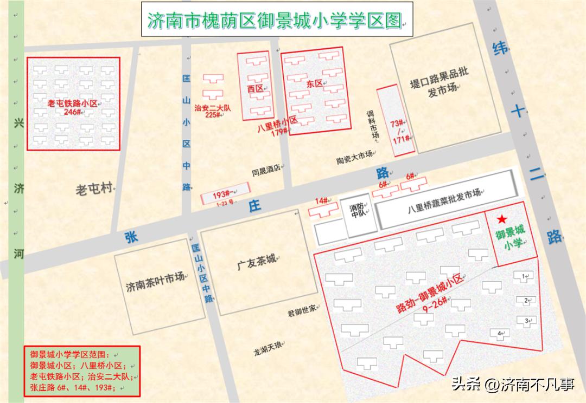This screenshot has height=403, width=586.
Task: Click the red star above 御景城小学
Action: pos(502,219)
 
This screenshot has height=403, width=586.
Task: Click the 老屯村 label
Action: pos(93,190)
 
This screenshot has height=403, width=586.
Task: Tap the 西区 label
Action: pos(255,89)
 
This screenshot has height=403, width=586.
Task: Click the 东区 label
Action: pos(314,84)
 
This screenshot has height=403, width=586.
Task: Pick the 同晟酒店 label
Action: pos(266,168)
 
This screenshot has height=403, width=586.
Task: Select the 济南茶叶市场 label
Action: pos(155,285)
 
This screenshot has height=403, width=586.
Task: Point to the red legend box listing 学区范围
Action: pos(82,371)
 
